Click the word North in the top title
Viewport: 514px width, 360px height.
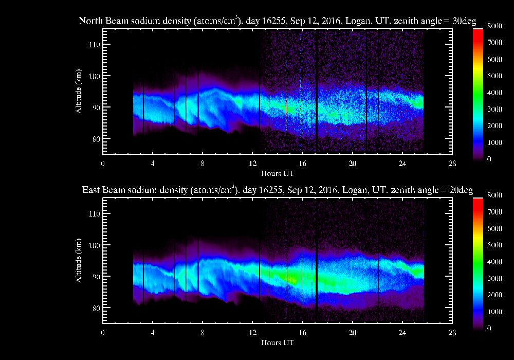pyautogui.click(x=90, y=21)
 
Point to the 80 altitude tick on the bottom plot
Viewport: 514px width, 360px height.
pyautogui.click(x=94, y=308)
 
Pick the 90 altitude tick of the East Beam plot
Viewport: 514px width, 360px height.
pyautogui.click(x=94, y=276)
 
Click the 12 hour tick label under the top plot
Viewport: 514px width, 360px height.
pyautogui.click(x=252, y=164)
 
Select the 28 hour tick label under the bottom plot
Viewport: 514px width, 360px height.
pyautogui.click(x=452, y=332)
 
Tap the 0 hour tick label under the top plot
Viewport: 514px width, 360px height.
pyautogui.click(x=103, y=164)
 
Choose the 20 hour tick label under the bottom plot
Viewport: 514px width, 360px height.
pyautogui.click(x=352, y=332)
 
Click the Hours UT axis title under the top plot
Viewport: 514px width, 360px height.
pyautogui.click(x=278, y=172)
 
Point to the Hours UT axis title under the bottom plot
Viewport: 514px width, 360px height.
pyautogui.click(x=278, y=341)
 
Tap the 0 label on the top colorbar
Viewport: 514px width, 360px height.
pyautogui.click(x=488, y=159)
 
